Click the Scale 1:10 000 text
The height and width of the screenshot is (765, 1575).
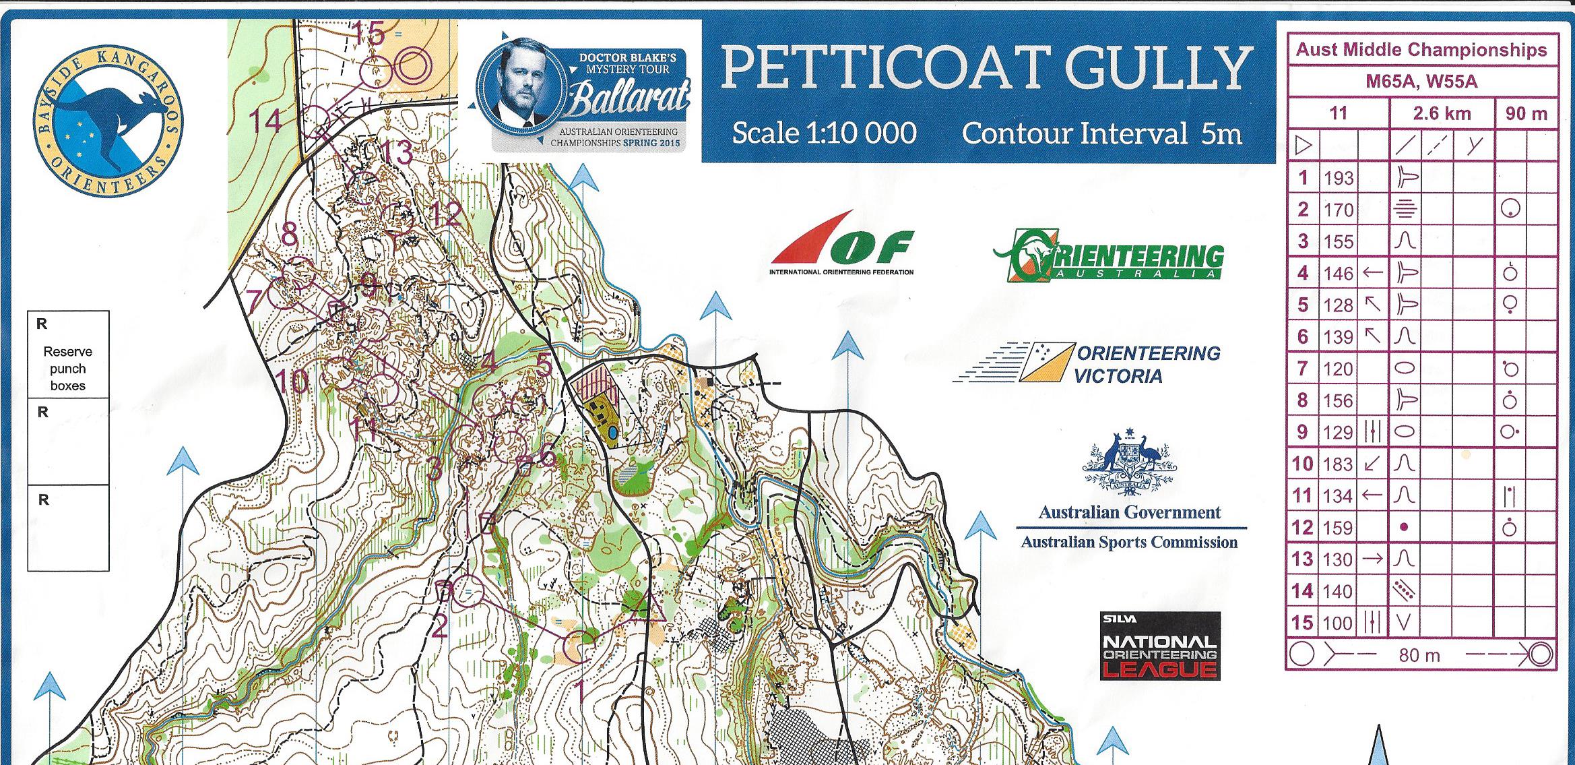coord(823,133)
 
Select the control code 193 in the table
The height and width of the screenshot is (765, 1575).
coord(1338,178)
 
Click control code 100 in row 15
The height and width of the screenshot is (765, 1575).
coord(1338,623)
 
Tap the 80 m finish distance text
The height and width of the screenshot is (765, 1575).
coord(1419,654)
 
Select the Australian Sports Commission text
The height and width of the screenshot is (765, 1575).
coord(1129,542)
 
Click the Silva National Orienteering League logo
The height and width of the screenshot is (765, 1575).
coord(1159,646)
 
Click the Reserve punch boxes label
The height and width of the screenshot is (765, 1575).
coord(67,368)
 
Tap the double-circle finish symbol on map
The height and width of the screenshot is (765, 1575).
coord(411,67)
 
